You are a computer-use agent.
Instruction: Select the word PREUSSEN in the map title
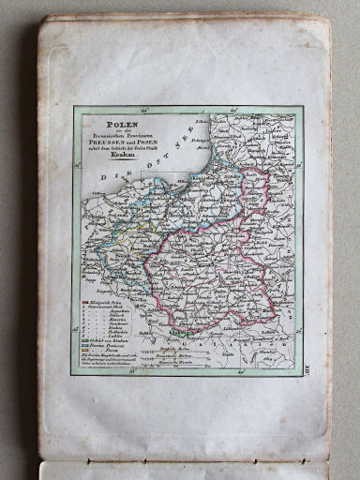(106, 142)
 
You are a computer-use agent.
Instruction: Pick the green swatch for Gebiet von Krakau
(84, 338)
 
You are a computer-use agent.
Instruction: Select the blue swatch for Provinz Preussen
(84, 345)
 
